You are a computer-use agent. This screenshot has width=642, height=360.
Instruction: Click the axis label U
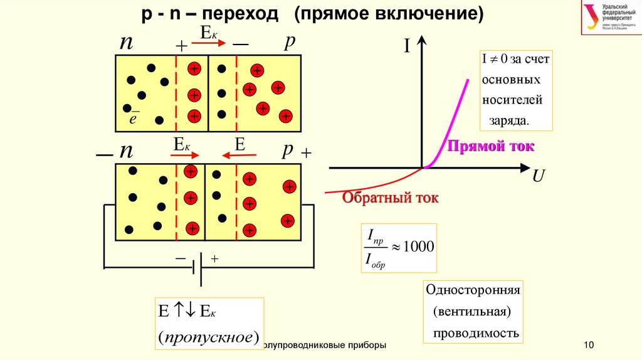[538, 177]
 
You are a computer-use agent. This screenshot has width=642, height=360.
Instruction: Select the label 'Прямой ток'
[490, 147]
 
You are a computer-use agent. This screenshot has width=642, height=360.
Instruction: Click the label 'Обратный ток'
[390, 198]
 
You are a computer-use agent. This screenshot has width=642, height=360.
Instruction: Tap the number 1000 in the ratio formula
[418, 246]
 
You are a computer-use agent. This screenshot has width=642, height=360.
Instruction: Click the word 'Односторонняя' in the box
[473, 290]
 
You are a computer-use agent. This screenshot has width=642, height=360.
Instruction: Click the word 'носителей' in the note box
[513, 100]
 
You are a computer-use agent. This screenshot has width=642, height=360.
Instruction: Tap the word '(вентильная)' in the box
[473, 312]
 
